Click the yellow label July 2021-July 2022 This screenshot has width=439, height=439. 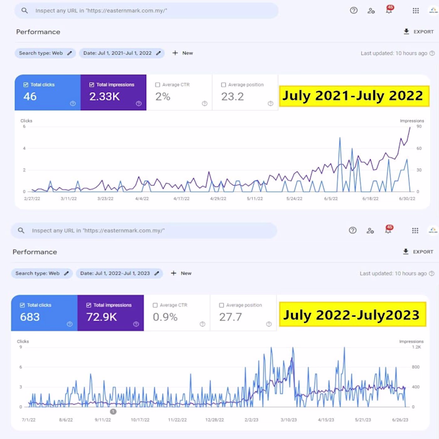point(352,96)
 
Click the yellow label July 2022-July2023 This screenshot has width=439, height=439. point(351,315)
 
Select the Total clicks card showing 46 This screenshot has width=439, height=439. point(48,92)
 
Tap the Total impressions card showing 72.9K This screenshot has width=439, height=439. point(110,312)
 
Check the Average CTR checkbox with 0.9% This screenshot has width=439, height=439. point(156,305)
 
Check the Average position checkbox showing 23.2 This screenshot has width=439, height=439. point(223,85)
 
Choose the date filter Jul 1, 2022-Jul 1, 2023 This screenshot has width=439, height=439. point(119,273)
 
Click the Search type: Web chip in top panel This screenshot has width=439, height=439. point(45,53)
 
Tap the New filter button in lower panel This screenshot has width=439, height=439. point(182,273)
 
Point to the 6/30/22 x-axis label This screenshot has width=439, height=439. point(408,199)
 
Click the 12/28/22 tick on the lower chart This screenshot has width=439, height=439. point(214,420)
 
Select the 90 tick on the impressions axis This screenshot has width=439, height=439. point(418,127)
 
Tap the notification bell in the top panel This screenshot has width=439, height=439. point(389,11)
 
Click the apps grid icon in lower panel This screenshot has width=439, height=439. point(415,231)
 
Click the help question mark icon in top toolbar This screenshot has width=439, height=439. point(354,11)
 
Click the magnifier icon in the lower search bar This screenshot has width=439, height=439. point(21,231)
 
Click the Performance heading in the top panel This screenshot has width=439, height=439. point(38,32)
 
